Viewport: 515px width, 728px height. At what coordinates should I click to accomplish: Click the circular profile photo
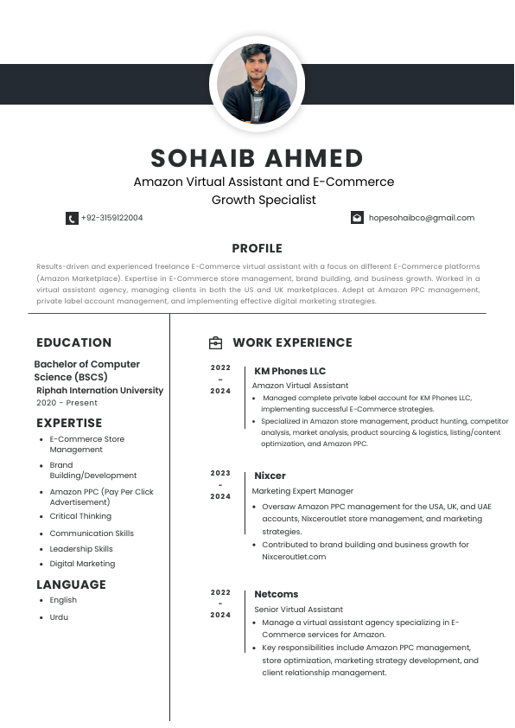(x=257, y=84)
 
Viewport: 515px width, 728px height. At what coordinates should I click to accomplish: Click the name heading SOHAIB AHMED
(x=257, y=158)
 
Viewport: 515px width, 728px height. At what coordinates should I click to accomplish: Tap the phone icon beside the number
(x=72, y=219)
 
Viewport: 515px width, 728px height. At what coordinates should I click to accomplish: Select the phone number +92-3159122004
(x=112, y=218)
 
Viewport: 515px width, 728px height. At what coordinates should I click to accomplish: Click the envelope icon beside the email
(x=357, y=218)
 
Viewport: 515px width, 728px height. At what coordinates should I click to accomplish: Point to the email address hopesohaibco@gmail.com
(x=422, y=218)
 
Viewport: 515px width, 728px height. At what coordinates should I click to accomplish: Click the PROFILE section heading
(x=257, y=248)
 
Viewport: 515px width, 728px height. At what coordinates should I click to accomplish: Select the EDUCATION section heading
(x=73, y=342)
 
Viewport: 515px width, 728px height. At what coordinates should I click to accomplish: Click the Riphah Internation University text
(x=99, y=391)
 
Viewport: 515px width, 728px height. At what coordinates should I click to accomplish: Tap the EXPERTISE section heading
(x=69, y=423)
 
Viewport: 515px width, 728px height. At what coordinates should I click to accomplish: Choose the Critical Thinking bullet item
(x=80, y=516)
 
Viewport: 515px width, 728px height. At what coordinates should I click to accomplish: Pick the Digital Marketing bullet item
(x=82, y=564)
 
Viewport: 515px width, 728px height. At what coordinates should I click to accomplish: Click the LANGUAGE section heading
(x=71, y=584)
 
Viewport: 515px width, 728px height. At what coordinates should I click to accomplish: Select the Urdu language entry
(x=59, y=617)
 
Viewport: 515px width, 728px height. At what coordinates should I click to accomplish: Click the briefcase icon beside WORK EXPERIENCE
(x=216, y=343)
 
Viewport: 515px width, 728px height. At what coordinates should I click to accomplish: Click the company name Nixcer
(x=270, y=476)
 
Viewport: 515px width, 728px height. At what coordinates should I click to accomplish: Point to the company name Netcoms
(x=276, y=594)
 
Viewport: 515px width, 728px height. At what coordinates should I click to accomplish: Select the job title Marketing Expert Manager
(x=302, y=491)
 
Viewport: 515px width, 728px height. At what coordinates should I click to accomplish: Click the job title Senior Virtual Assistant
(x=298, y=610)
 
